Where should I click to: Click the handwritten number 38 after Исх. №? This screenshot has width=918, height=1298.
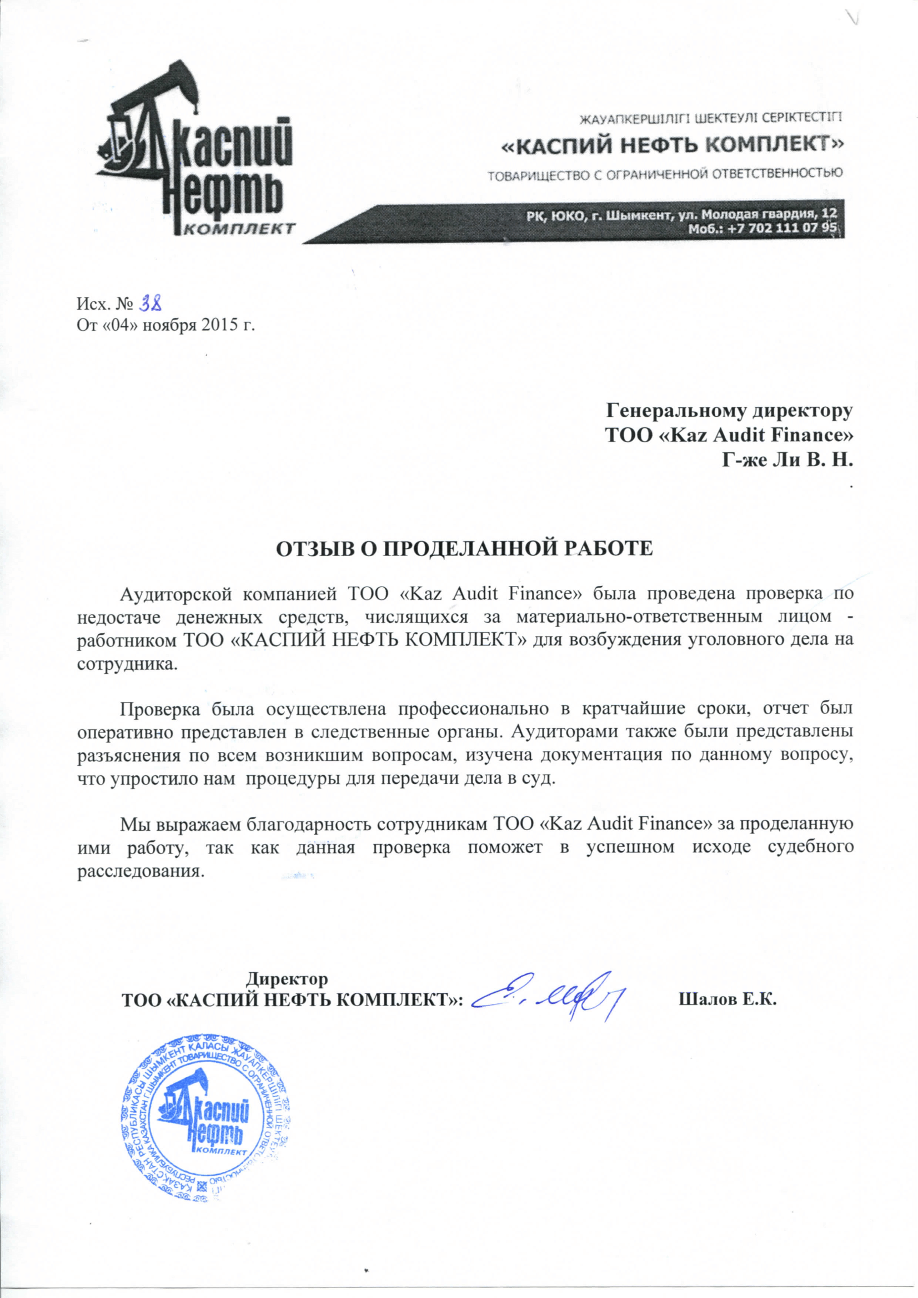pyautogui.click(x=151, y=305)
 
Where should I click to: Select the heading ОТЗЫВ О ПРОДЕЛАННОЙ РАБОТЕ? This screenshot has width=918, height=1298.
pyautogui.click(x=464, y=549)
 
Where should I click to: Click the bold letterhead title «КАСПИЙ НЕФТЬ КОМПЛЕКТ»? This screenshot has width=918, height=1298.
pyautogui.click(x=673, y=145)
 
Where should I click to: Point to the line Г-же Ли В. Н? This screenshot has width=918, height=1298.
pyautogui.click(x=788, y=459)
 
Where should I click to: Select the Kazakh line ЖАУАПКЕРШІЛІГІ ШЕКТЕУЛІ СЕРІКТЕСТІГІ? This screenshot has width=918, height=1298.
pyautogui.click(x=709, y=118)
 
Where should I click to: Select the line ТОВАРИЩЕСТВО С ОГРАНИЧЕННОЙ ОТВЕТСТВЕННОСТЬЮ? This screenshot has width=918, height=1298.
pyautogui.click(x=665, y=173)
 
